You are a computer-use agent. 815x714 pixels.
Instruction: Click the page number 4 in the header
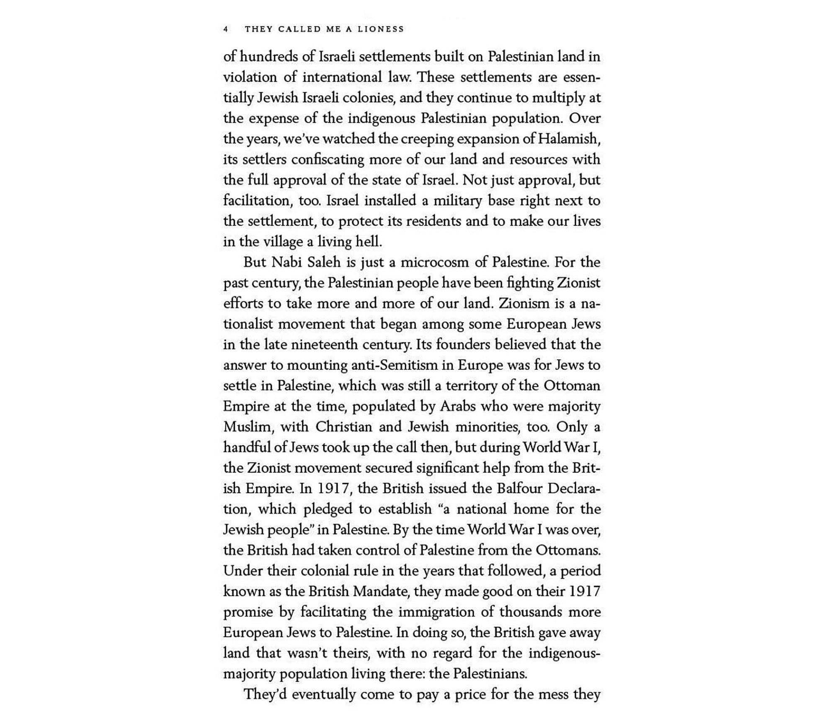click(226, 29)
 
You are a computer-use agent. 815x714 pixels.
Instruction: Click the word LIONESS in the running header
click(381, 29)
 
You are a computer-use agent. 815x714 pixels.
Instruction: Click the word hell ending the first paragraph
click(368, 241)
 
